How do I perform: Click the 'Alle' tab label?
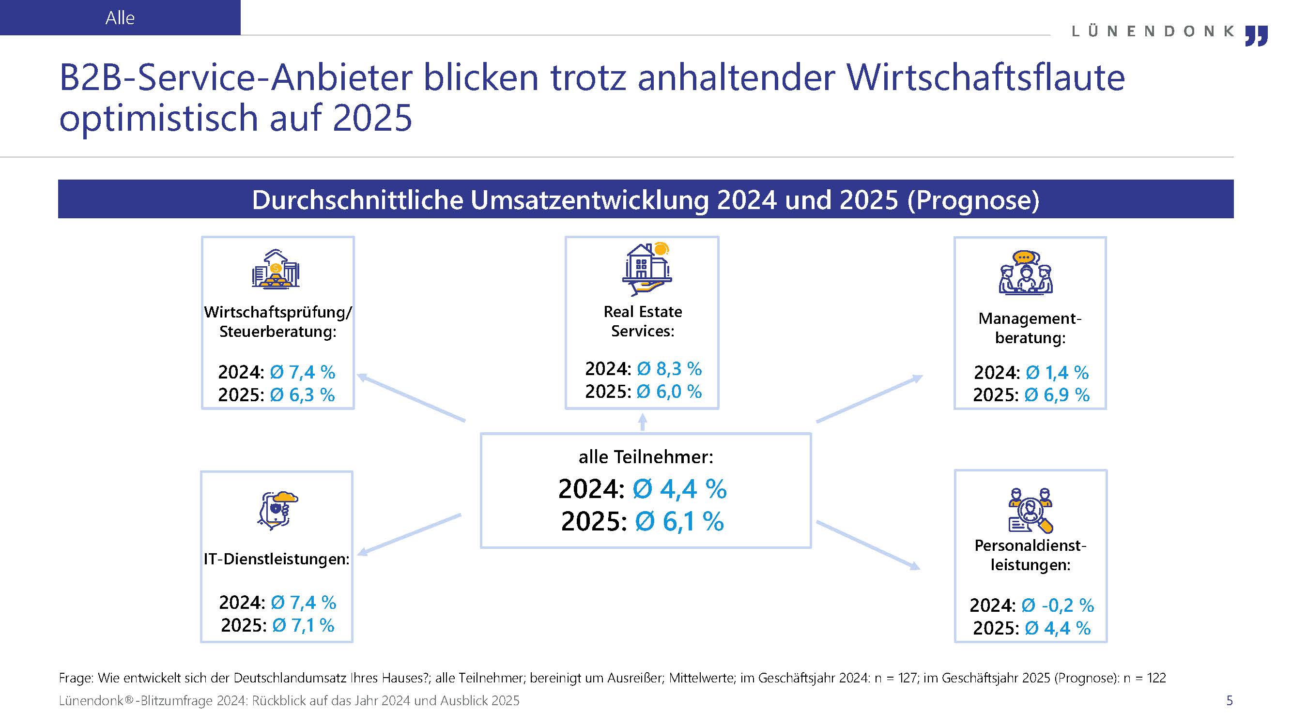(120, 18)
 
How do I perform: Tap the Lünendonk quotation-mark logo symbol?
(1256, 36)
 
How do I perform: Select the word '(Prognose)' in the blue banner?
(973, 199)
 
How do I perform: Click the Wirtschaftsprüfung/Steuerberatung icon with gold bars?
(276, 269)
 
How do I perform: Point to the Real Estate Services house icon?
(646, 270)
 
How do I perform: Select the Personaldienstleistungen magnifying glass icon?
(1030, 511)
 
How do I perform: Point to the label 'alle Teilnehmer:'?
(646, 457)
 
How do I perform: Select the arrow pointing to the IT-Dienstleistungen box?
(409, 534)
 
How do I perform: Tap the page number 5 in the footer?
(1230, 700)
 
